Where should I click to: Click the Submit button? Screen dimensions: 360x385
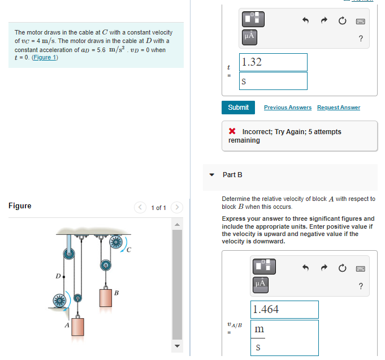click(238, 107)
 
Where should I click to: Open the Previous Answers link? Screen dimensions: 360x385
click(287, 108)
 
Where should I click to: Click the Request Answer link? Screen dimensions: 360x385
click(338, 108)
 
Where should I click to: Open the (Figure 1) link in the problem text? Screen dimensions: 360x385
click(45, 58)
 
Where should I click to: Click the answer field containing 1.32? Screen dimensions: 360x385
click(274, 62)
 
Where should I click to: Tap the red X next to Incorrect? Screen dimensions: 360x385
click(232, 132)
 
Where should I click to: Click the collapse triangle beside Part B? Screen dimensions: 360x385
click(212, 175)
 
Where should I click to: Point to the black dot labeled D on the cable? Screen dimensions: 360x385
click(64, 277)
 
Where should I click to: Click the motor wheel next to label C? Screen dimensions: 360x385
click(116, 243)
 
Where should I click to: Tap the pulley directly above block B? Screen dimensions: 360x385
click(105, 265)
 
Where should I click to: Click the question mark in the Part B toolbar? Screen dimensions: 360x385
click(361, 286)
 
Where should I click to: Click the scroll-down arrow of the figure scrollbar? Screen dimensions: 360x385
click(177, 346)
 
